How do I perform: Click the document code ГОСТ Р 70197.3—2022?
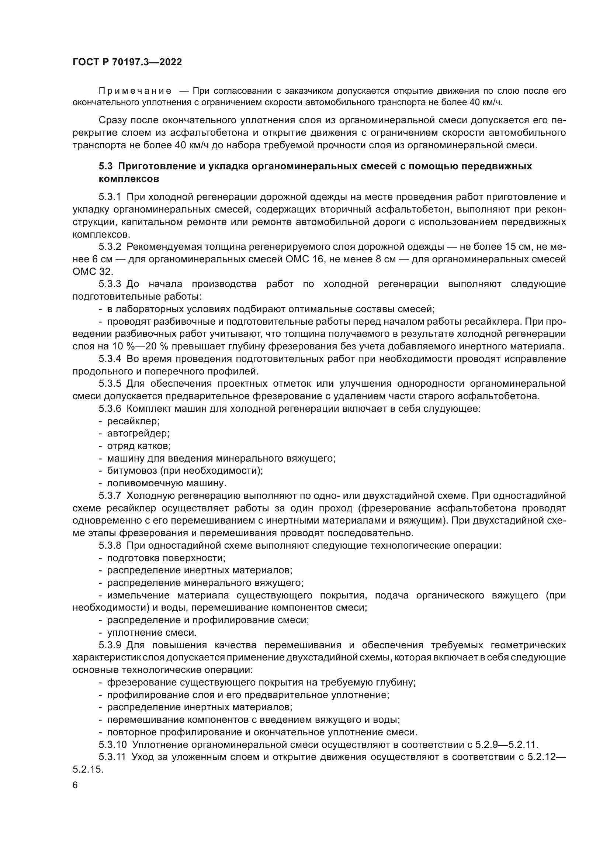[127, 62]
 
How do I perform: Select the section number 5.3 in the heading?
[106, 166]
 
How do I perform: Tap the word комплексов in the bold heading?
[129, 179]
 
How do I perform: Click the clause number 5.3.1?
[110, 197]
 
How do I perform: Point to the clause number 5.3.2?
[110, 247]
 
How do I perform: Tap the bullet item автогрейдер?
[138, 434]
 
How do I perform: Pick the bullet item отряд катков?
[139, 446]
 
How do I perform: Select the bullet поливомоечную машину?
[166, 483]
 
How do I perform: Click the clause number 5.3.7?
[110, 496]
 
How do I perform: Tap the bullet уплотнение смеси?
[152, 633]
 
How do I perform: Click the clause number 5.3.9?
[110, 646]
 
